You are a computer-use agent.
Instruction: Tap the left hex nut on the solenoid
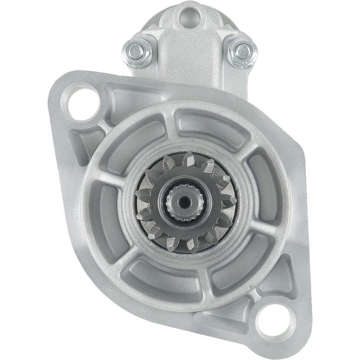(137, 49)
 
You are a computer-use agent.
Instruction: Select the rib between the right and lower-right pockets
(265, 227)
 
